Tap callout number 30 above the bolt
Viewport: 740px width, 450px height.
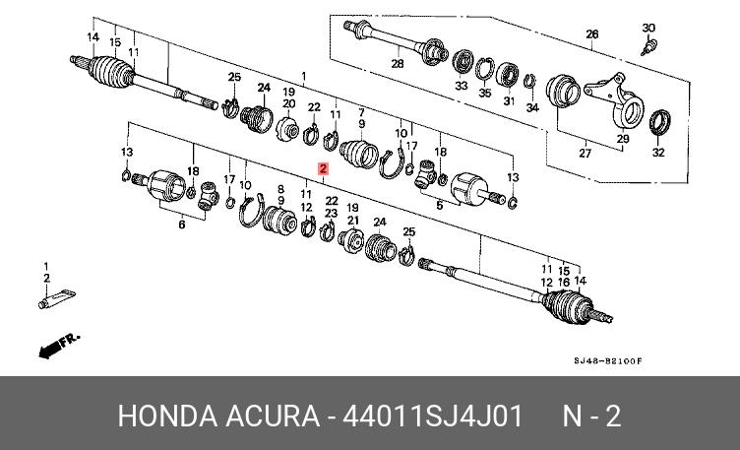(647, 28)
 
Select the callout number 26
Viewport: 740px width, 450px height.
(591, 35)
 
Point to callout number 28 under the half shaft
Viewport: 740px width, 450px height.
(398, 65)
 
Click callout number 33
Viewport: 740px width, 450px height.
(461, 87)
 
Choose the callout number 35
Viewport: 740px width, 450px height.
(484, 93)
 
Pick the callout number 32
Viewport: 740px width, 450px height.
(658, 153)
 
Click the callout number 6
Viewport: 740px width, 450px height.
(181, 225)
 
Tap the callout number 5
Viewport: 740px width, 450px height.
(440, 206)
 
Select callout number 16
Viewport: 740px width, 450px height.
(564, 283)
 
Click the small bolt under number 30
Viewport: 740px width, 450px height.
(647, 45)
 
